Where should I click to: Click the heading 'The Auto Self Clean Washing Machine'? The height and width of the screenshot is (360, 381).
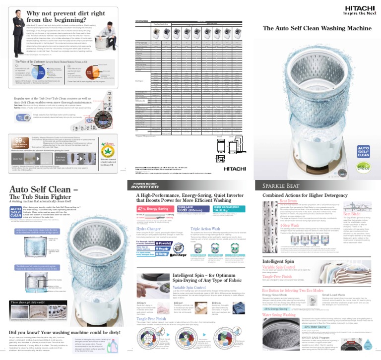tap(317, 28)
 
